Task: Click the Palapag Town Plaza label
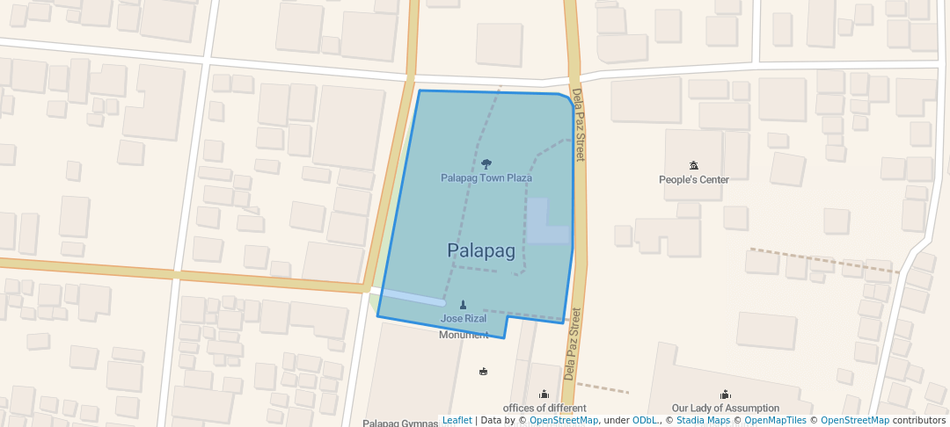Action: pos(486,178)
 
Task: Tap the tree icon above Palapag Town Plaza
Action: pos(486,163)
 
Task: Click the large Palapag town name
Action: pos(481,250)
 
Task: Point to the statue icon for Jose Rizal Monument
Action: pos(464,305)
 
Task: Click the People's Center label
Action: pos(694,180)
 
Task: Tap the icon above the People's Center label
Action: pos(694,165)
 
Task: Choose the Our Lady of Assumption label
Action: pos(726,409)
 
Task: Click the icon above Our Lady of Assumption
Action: pos(726,394)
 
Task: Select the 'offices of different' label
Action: pos(544,409)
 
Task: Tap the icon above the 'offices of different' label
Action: pos(544,394)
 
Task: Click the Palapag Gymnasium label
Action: pos(401,423)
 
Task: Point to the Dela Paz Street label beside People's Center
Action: pos(579,124)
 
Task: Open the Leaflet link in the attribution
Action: pos(457,421)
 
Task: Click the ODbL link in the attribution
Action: pos(646,421)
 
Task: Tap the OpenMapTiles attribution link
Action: pos(775,421)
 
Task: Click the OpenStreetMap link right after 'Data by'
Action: pos(564,421)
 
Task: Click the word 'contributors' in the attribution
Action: pos(919,421)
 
